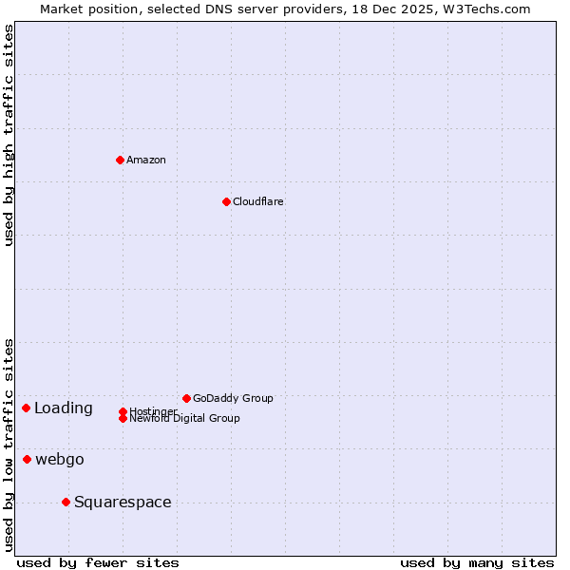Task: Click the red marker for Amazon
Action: tap(120, 160)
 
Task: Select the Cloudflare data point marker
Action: tap(226, 201)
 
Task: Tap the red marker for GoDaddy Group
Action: tap(186, 398)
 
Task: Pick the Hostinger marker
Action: tap(123, 411)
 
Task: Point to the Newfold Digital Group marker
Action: tap(123, 418)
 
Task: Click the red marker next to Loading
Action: tap(26, 408)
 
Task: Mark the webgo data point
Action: tap(27, 459)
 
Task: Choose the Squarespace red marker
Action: tap(66, 502)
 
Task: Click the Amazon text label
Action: tap(146, 160)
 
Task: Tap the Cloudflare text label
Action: tap(257, 201)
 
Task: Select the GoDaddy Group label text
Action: tap(233, 398)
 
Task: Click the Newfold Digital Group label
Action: tap(184, 419)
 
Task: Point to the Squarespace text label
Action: tap(123, 503)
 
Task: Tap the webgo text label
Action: tap(60, 460)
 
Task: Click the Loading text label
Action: tap(64, 408)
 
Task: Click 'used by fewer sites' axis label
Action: tap(98, 562)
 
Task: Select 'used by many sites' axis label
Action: tap(477, 562)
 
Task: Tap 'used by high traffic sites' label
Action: tap(9, 135)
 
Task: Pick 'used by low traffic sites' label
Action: tap(9, 444)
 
